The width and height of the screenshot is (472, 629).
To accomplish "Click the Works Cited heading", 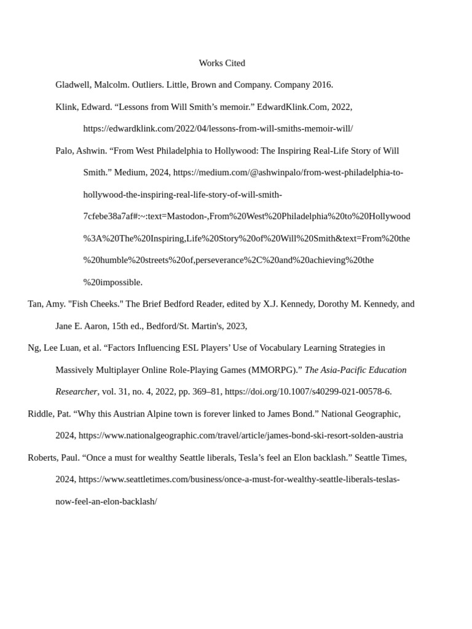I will tap(222, 63).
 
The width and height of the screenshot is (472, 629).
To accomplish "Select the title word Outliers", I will tap(146, 85).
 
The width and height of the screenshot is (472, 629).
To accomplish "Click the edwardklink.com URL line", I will tap(218, 129).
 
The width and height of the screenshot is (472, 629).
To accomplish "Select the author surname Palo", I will tap(64, 150).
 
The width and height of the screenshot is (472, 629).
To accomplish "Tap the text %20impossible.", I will tap(113, 283).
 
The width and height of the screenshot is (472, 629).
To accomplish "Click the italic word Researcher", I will tap(76, 392).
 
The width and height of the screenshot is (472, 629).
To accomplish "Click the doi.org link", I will tap(308, 392).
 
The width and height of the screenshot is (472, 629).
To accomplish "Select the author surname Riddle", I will tap(40, 414).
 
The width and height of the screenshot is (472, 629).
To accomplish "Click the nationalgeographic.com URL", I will tap(241, 436).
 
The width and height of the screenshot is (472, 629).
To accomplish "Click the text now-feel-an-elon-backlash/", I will tap(106, 502).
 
